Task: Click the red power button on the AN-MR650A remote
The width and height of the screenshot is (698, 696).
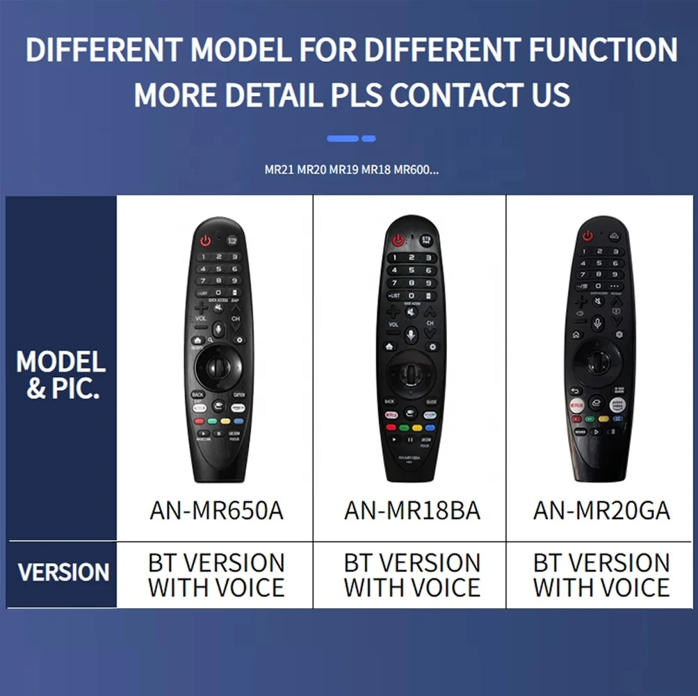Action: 206,240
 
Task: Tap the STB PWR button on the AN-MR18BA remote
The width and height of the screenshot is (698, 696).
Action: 427,240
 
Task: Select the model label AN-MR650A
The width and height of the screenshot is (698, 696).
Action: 216,511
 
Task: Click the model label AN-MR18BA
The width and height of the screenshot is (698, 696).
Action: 412,511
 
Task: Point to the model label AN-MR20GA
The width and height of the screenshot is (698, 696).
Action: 601,511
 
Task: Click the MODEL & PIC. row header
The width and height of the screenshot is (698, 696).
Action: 61,374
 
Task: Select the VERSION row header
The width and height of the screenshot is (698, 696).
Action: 63,572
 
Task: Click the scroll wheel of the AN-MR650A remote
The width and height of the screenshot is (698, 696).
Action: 218,363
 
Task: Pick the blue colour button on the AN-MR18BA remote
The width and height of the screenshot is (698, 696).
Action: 430,427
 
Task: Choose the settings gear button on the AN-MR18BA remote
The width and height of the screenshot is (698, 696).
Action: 432,346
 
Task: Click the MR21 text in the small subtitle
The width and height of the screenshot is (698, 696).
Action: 279,170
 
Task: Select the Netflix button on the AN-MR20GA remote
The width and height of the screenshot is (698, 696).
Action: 577,404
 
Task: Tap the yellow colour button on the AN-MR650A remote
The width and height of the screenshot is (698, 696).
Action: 225,421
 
